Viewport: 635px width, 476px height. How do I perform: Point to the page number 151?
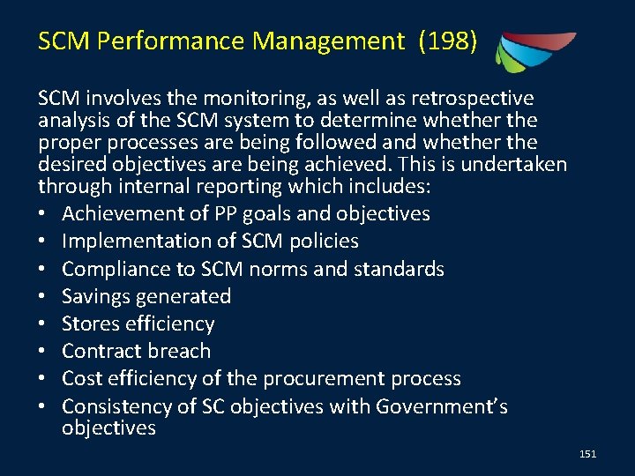[x=588, y=454]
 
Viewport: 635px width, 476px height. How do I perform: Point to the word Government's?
[x=443, y=405]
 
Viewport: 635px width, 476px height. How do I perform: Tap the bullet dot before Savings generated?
[x=44, y=296]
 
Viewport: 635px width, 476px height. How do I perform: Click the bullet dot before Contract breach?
[x=44, y=351]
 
